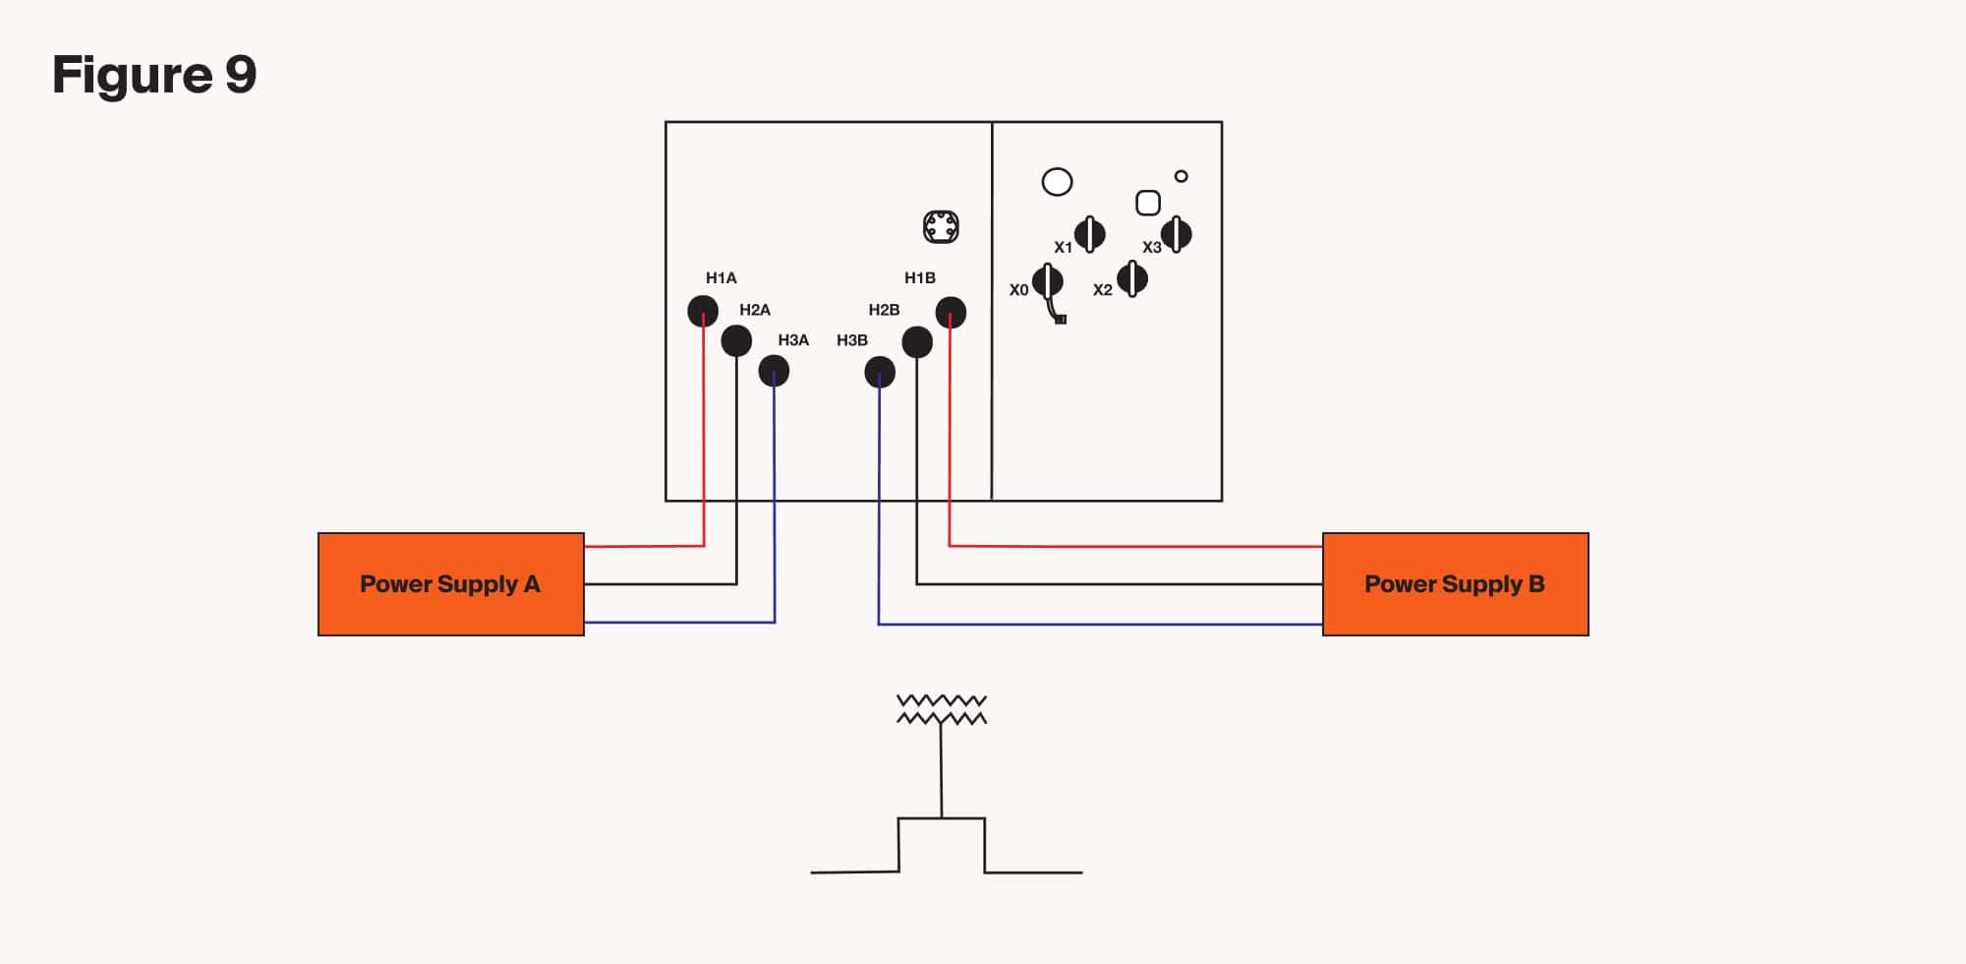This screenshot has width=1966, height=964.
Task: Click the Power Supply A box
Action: tap(450, 584)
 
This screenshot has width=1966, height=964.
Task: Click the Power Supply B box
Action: tap(1455, 584)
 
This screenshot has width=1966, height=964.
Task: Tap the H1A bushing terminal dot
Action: tap(703, 311)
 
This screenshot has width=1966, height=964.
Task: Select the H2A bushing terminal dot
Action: tap(736, 341)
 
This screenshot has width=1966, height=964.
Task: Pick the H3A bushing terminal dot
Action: tap(774, 371)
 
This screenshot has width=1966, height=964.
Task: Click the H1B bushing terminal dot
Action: tap(951, 313)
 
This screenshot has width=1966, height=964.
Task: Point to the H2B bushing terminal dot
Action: tap(917, 342)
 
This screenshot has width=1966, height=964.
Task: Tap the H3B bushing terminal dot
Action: tap(880, 372)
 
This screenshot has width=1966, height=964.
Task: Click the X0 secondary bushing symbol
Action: tap(1048, 281)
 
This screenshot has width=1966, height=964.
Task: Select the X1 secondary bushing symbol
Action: tap(1089, 234)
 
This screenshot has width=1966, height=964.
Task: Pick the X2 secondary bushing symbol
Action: tap(1132, 279)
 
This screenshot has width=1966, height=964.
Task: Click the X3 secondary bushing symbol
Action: tap(1177, 234)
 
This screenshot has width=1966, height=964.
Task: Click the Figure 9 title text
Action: tap(154, 75)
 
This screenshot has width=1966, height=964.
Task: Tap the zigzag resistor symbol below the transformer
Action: tap(942, 709)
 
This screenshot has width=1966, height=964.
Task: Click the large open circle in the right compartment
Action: tap(1057, 182)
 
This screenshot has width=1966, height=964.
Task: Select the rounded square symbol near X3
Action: tap(1147, 203)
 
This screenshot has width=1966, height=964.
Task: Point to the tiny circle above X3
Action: tap(1182, 176)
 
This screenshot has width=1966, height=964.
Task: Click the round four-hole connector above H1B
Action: tap(941, 227)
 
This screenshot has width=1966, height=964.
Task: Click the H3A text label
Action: tap(793, 340)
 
